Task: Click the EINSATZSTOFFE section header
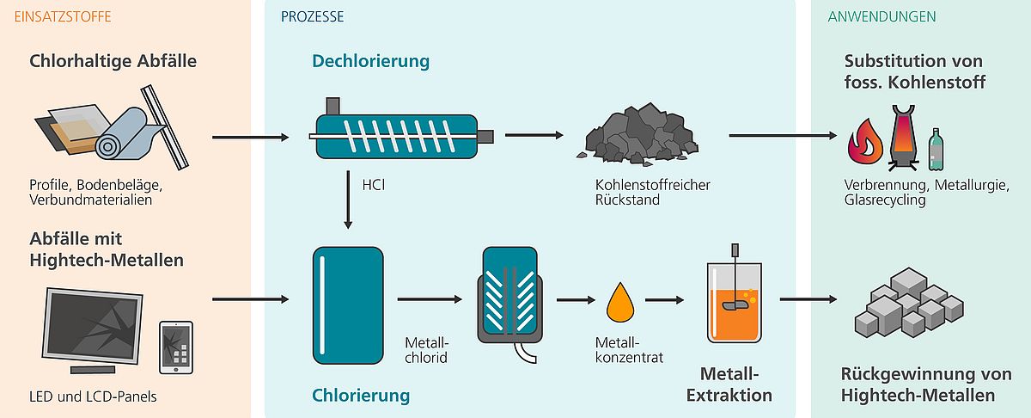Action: (63, 17)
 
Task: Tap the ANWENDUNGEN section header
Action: (882, 17)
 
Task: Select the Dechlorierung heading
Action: (370, 61)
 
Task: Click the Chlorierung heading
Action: (361, 396)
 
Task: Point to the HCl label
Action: (373, 185)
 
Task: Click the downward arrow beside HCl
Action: (348, 200)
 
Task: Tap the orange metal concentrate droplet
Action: (620, 303)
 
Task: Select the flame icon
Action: (865, 142)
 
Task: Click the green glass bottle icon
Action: (936, 150)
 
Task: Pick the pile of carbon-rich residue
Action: (638, 133)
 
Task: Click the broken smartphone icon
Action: (176, 347)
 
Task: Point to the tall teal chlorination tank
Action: (348, 305)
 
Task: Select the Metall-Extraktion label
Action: (729, 384)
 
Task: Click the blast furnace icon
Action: (903, 138)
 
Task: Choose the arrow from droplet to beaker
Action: (664, 300)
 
